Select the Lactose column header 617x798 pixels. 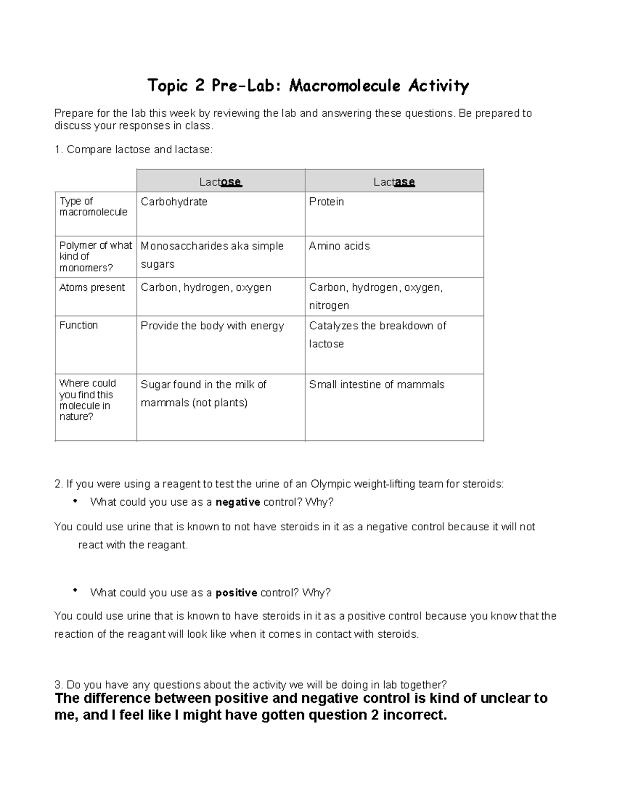tap(221, 182)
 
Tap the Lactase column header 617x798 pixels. tap(394, 182)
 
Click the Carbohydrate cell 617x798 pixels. tap(174, 202)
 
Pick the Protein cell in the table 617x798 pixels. tap(326, 202)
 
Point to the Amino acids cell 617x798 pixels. tap(339, 246)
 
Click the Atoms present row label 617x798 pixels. tap(92, 288)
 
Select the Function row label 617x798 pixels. tap(78, 325)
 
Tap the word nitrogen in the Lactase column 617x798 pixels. tap(329, 306)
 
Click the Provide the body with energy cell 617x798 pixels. tap(212, 326)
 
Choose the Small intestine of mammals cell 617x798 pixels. tap(376, 385)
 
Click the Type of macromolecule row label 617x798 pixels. tap(93, 207)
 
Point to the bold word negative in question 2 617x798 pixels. tap(238, 503)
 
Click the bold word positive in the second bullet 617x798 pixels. tap(236, 593)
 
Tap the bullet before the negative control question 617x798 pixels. tap(75, 501)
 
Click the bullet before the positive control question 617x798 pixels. tap(75, 591)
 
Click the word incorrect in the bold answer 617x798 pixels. tap(415, 715)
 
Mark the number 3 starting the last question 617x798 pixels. tap(57, 685)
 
